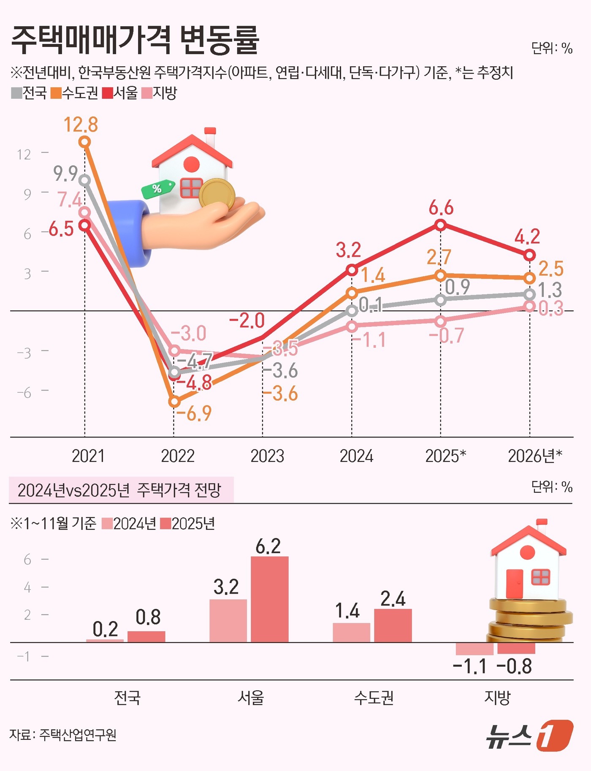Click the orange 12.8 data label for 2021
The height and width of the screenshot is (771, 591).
point(81,125)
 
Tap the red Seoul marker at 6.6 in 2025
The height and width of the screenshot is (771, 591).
point(440,225)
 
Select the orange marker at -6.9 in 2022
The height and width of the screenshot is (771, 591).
point(174,402)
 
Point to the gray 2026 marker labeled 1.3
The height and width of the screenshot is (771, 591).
point(530,294)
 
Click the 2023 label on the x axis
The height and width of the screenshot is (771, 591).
point(267,456)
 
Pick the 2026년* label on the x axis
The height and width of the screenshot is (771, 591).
point(535,456)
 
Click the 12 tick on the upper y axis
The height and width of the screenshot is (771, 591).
point(24,155)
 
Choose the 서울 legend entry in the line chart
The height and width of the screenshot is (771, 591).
point(120,93)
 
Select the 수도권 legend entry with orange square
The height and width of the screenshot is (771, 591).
point(74,93)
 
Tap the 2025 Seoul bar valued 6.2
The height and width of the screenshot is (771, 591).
point(269,599)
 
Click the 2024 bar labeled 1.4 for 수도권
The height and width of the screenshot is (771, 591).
point(351,632)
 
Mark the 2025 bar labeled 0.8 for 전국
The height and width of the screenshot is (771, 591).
point(146,636)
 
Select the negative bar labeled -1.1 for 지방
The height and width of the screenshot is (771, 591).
point(474,649)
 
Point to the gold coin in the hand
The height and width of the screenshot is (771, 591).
point(217,194)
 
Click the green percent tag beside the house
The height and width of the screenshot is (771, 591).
point(158,189)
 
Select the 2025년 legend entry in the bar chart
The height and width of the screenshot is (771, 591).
point(188,524)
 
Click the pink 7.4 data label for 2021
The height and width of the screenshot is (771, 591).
point(69,200)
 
